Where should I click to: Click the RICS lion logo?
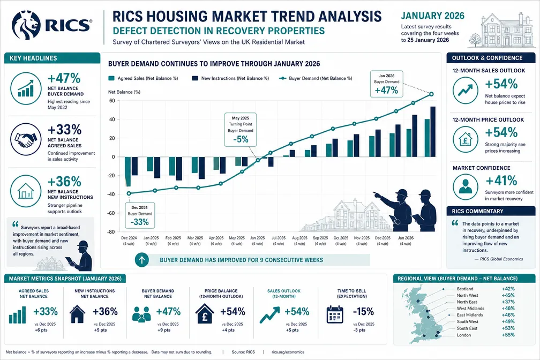click(x=26, y=25)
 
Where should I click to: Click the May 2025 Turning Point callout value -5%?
click(x=241, y=139)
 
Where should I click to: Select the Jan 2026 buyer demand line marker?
click(x=431, y=94)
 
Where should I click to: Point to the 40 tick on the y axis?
click(x=112, y=119)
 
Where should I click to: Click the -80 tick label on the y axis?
click(x=110, y=232)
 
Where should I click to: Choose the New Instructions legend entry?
click(x=230, y=78)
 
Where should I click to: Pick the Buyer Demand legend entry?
click(x=316, y=78)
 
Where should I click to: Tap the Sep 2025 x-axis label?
click(x=320, y=241)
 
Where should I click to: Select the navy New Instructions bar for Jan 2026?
click(x=433, y=132)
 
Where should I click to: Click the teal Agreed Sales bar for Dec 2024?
click(x=127, y=171)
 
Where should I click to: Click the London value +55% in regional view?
click(x=508, y=335)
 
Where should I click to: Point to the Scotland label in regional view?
click(x=465, y=289)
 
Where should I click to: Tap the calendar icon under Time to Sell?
click(x=335, y=314)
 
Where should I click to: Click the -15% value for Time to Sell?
click(x=363, y=311)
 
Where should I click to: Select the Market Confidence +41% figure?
click(x=501, y=180)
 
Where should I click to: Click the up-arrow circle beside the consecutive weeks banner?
click(x=142, y=260)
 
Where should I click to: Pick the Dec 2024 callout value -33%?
click(x=139, y=222)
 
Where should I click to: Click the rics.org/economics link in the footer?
click(x=288, y=352)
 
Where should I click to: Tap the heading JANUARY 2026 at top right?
click(x=432, y=16)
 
